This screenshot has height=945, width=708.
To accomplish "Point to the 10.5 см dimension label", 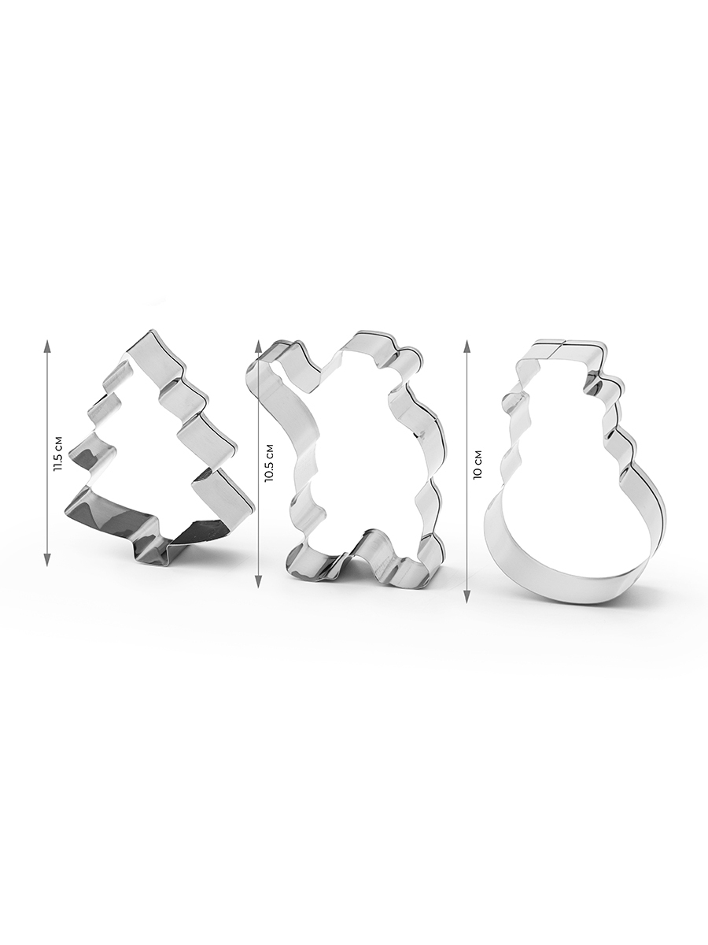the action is click(x=270, y=462).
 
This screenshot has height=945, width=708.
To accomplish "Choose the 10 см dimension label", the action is click(x=478, y=464).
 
